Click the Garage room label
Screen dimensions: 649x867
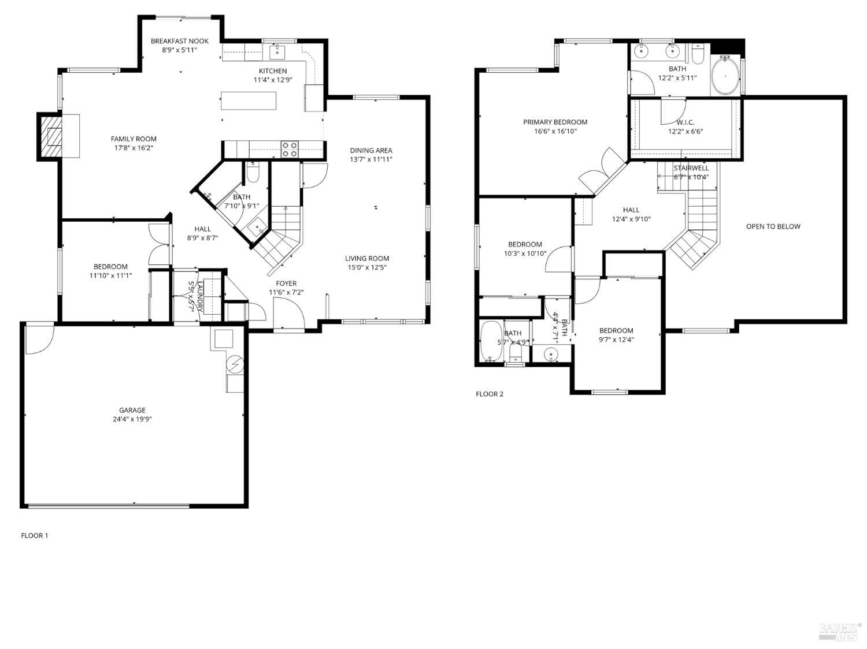(132, 410)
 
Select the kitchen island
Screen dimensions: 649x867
(249, 100)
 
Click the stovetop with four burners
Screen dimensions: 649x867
(289, 150)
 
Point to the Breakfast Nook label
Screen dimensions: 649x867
(179, 41)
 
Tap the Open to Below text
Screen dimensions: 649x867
(773, 226)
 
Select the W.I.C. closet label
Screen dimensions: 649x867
(685, 122)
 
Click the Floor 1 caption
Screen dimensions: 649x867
(35, 535)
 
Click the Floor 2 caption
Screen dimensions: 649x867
(489, 394)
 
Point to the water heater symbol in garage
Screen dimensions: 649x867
(235, 365)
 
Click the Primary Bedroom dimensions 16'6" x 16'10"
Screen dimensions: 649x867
(555, 131)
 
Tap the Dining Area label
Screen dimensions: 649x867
(370, 150)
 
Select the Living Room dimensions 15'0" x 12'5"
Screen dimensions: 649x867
(367, 267)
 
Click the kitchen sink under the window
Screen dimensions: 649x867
(278, 52)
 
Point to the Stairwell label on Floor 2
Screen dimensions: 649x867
(691, 168)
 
